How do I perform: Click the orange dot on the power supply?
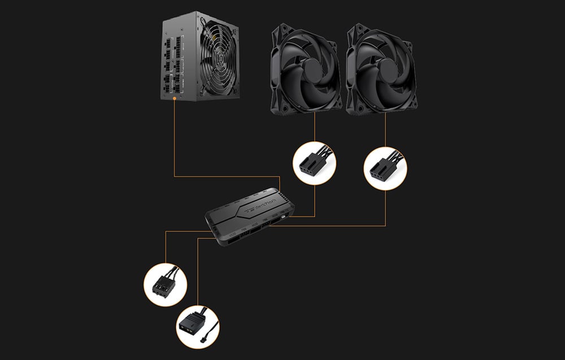(174, 98)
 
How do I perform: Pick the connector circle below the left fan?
(314, 163)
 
